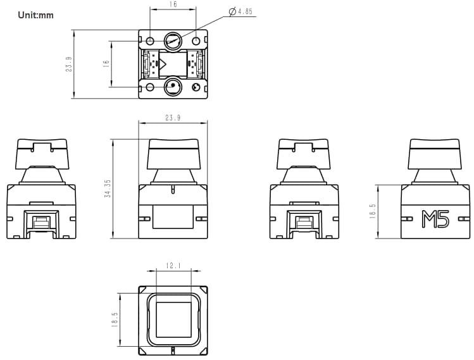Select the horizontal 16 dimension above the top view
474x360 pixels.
173,4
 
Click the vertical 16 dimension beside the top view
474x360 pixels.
106,63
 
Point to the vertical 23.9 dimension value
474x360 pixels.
68,64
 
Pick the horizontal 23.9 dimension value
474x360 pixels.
173,118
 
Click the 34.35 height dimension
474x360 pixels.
107,189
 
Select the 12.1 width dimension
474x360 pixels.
173,266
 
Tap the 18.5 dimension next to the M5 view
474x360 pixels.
372,211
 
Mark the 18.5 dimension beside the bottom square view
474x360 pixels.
115,319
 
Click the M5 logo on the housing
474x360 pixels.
435,219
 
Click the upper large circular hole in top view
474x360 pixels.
173,41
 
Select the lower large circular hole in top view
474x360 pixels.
173,87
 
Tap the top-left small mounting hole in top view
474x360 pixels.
150,41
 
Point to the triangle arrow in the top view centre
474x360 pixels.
163,63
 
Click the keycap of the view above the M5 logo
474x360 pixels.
435,152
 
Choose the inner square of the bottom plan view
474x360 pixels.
173,319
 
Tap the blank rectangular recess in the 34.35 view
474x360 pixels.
173,217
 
